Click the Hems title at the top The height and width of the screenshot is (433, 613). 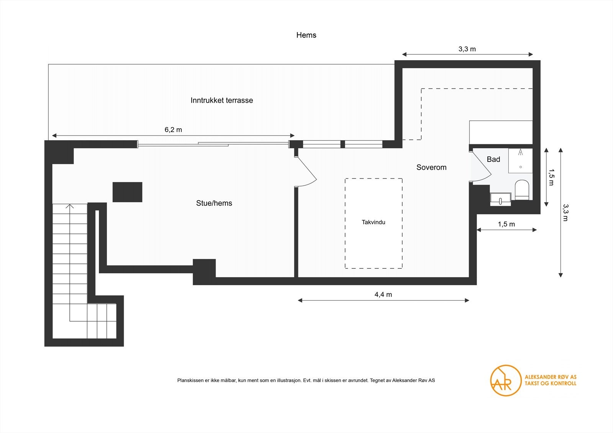click(306, 35)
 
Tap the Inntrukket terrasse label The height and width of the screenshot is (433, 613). click(222, 100)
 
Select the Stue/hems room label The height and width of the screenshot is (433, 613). click(214, 203)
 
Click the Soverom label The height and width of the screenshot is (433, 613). click(431, 167)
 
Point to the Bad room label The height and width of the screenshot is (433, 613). click(493, 159)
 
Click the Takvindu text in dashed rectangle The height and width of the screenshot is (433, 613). click(374, 222)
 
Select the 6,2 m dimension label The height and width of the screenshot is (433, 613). click(173, 130)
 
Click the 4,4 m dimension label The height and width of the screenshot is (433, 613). click(383, 294)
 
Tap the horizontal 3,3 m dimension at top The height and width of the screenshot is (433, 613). click(467, 49)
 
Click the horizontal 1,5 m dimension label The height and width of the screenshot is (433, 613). click(506, 224)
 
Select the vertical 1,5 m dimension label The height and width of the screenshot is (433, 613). click(551, 177)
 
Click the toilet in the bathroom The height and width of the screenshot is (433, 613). click(522, 189)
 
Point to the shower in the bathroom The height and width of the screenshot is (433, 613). click(520, 160)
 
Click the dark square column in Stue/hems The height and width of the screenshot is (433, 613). click(127, 192)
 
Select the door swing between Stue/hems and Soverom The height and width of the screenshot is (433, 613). click(306, 172)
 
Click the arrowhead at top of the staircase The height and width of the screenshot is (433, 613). click(70, 206)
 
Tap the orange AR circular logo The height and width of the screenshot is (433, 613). click(505, 380)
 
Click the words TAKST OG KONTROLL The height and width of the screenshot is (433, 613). click(550, 383)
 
